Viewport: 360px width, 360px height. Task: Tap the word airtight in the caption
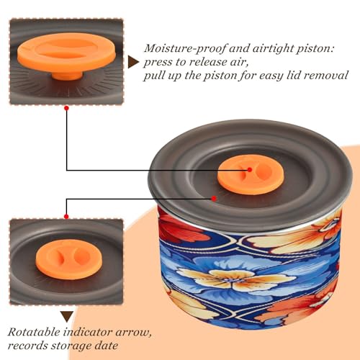(x=270, y=49)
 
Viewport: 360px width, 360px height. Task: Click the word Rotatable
(x=34, y=332)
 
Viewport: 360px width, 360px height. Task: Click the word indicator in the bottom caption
(x=88, y=332)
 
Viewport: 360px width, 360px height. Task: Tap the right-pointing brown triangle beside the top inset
(x=132, y=63)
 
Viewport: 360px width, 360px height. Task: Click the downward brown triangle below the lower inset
(x=67, y=317)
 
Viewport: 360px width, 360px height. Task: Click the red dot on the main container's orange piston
(x=250, y=170)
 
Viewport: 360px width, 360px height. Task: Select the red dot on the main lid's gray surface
(x=214, y=199)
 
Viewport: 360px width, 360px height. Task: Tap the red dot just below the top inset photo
(x=66, y=108)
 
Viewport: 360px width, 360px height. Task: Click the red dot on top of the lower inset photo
(x=66, y=217)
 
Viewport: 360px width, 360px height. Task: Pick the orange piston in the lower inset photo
(x=69, y=259)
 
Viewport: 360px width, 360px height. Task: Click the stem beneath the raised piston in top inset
(x=67, y=76)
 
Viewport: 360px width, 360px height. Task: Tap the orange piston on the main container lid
(x=251, y=174)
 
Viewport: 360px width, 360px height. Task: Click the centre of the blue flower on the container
(x=229, y=279)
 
